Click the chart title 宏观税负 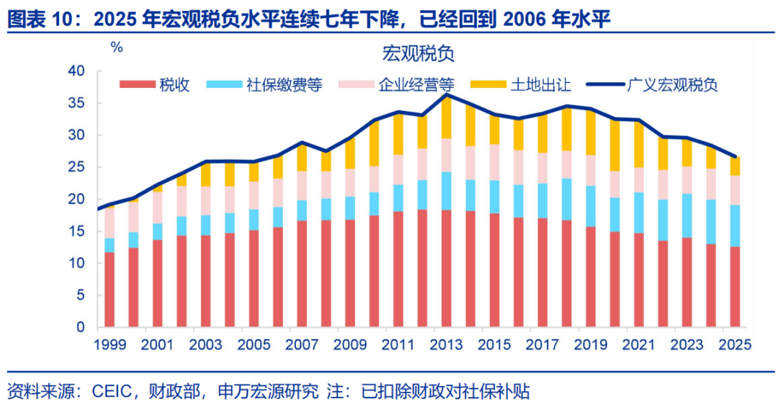(418, 53)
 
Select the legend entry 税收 (154, 85)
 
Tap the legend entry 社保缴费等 (264, 85)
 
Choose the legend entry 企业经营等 (396, 85)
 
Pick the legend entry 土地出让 (521, 85)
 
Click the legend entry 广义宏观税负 (652, 85)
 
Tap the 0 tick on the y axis (81, 327)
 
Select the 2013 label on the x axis (446, 344)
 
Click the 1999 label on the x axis (109, 344)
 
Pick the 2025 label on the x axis (735, 344)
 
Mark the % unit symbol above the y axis (117, 48)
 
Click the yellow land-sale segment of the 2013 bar (446, 117)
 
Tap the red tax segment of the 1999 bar (109, 289)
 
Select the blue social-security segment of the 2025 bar (735, 226)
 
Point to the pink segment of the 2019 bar (591, 170)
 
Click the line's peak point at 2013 (447, 94)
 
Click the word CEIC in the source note (112, 392)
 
